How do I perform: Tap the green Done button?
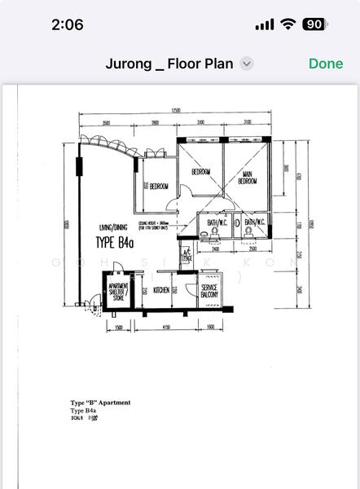click(x=326, y=64)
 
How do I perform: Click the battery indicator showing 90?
click(x=314, y=24)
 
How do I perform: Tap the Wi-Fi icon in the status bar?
click(x=288, y=24)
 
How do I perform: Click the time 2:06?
click(x=67, y=24)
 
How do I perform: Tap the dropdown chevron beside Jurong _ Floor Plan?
click(x=248, y=64)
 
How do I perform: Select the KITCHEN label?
click(x=161, y=289)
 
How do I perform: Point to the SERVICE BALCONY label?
click(x=209, y=293)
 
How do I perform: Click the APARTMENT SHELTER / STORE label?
click(x=115, y=293)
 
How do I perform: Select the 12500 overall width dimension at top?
click(x=175, y=111)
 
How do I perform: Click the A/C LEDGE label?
click(x=186, y=255)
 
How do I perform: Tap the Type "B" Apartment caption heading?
click(x=100, y=403)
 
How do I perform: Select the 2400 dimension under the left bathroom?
click(x=215, y=249)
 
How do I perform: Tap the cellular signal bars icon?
click(x=264, y=24)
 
